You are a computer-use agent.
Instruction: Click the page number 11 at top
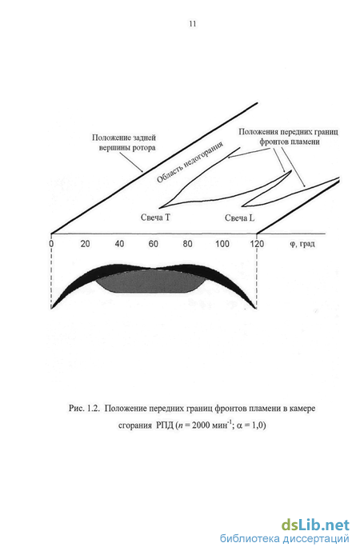point(193,24)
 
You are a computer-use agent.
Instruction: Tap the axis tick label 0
point(52,244)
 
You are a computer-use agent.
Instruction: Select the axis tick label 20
point(85,244)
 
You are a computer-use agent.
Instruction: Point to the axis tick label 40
point(119,244)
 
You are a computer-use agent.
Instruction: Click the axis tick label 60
point(154,244)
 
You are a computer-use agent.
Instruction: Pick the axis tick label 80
point(188,244)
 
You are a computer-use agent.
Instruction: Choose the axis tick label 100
point(222,244)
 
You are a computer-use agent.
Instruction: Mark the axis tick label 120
point(257,244)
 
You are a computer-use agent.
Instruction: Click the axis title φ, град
point(302,244)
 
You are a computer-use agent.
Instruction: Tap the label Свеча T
point(155,218)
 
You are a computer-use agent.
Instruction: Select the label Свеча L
point(240,218)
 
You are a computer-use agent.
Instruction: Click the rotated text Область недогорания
point(190,162)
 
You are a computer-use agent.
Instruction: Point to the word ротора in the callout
point(144,148)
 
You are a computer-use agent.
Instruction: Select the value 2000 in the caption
point(201,425)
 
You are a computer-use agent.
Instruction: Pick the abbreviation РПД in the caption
point(165,425)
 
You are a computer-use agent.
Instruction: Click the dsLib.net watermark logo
point(315,525)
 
